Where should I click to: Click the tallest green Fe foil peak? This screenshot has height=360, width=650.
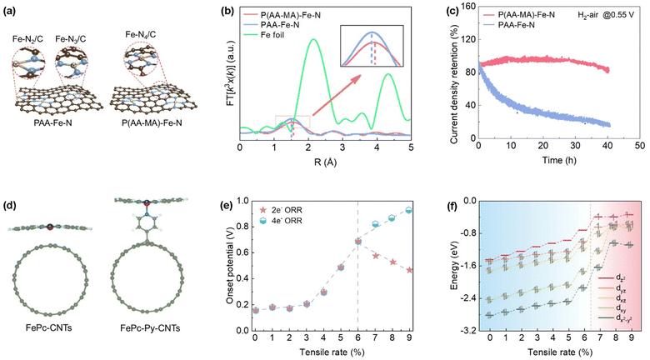pos(312,40)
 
